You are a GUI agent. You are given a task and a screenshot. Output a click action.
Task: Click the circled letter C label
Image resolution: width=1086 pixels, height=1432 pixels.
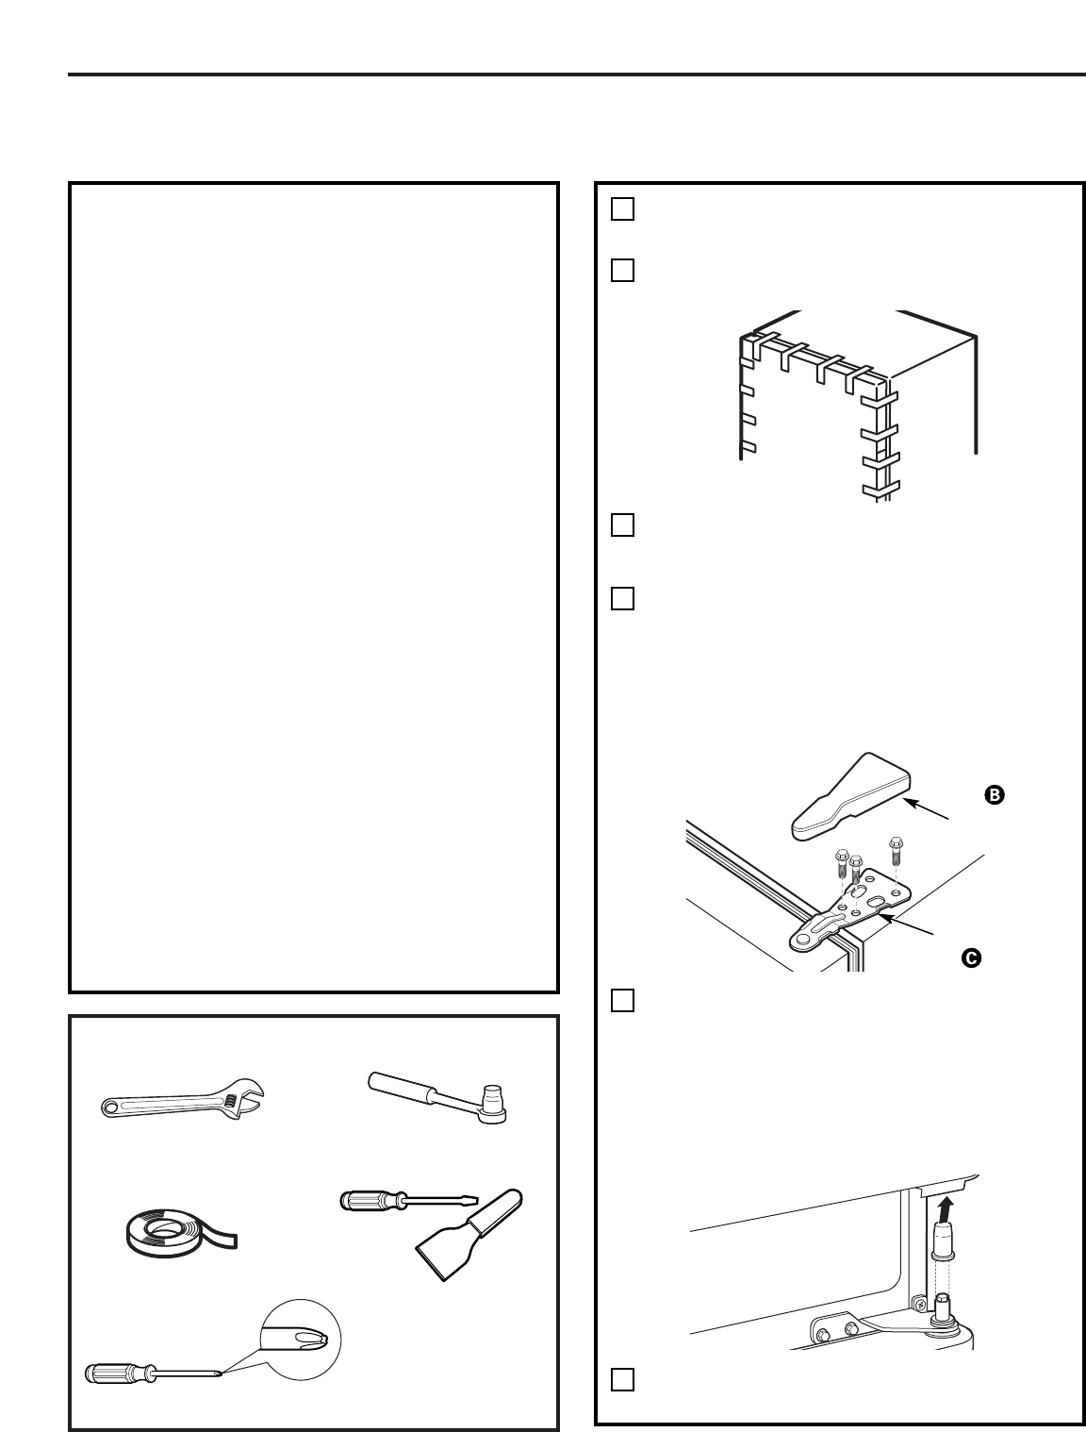pos(969,957)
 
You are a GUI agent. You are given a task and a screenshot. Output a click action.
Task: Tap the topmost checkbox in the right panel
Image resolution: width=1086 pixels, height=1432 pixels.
pos(621,208)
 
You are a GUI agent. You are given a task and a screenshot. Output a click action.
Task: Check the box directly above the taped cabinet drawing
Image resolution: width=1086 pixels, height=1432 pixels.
pos(621,271)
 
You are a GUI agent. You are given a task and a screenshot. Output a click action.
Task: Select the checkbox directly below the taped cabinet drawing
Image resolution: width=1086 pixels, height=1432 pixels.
pos(621,525)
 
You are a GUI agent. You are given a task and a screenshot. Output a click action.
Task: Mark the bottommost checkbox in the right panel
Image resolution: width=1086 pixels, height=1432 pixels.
pos(621,1379)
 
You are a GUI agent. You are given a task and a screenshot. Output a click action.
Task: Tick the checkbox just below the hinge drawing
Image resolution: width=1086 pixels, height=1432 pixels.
pos(621,1000)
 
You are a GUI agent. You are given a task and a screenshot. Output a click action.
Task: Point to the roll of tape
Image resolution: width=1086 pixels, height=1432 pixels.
pos(170,1234)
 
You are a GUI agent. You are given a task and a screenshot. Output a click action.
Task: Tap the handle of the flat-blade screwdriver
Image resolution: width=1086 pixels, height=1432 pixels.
pos(362,1200)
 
